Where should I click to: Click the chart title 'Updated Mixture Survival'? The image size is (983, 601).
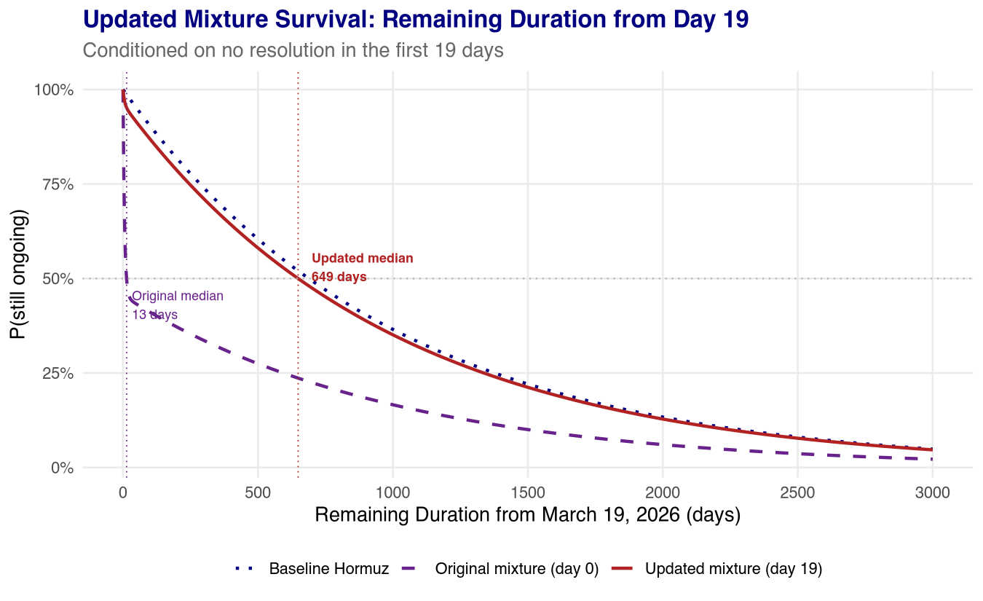pyautogui.click(x=416, y=20)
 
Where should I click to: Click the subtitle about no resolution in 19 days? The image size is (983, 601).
pyautogui.click(x=293, y=51)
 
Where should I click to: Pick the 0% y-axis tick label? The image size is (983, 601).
pyautogui.click(x=61, y=468)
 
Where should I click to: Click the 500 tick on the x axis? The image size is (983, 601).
pyautogui.click(x=258, y=492)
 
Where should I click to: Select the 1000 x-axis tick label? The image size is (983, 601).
pyautogui.click(x=392, y=492)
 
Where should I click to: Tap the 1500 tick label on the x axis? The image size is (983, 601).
pyautogui.click(x=528, y=492)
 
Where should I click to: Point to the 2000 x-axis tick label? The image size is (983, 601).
pyautogui.click(x=663, y=492)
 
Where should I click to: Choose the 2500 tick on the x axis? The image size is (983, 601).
pyautogui.click(x=797, y=492)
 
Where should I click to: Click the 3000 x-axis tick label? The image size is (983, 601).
pyautogui.click(x=932, y=492)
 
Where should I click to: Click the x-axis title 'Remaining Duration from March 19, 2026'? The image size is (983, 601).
pyautogui.click(x=528, y=515)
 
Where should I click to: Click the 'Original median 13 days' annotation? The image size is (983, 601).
pyautogui.click(x=177, y=305)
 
